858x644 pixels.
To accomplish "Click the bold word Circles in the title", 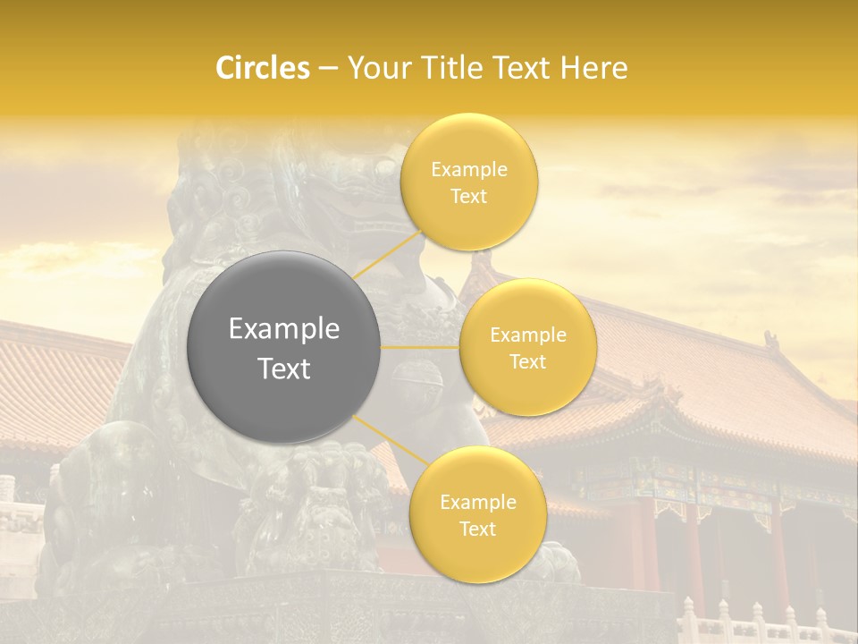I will click(262, 68).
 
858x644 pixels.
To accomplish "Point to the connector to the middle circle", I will click(420, 346).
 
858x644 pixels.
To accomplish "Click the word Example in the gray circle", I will click(284, 329).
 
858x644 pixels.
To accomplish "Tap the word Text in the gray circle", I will click(284, 369).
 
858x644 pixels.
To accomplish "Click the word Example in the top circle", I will click(469, 170).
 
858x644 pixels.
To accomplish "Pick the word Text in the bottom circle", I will click(478, 529).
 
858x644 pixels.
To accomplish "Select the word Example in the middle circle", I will click(528, 335).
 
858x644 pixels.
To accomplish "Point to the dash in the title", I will click(327, 68).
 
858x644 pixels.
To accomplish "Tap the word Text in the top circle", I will click(469, 196).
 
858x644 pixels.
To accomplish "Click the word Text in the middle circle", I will click(528, 361).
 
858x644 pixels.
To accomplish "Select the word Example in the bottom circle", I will click(478, 503).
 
